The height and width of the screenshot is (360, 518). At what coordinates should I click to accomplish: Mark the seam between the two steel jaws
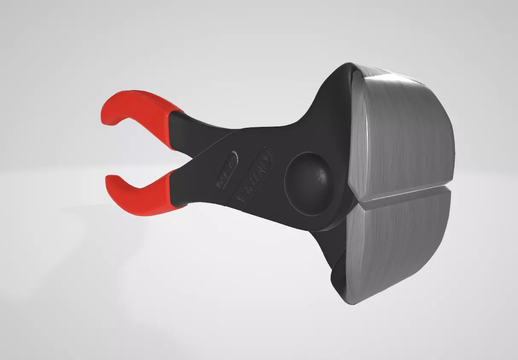tap(401, 192)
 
